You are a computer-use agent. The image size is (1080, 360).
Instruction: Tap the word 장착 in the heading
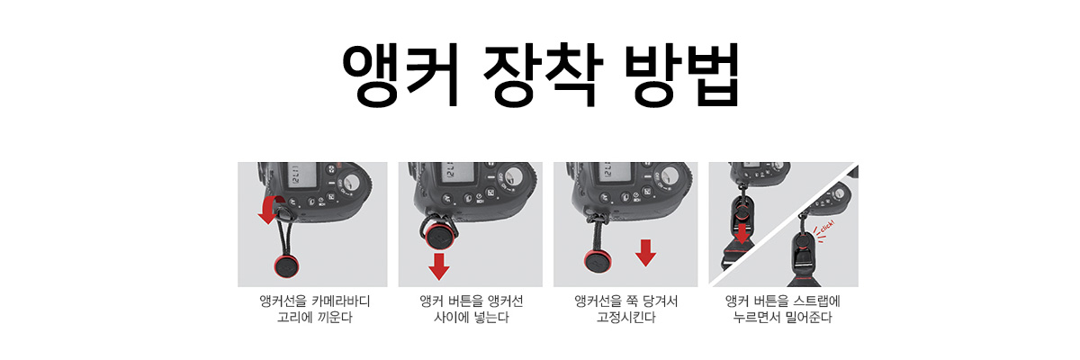[543, 76]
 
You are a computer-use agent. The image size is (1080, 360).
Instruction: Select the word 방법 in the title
[681, 76]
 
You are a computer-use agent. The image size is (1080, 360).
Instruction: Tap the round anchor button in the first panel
[286, 265]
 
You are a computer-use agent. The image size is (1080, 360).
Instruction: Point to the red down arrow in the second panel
[439, 266]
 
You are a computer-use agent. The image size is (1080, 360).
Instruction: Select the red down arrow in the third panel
[645, 253]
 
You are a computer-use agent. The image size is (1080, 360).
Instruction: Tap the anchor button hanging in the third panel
[598, 261]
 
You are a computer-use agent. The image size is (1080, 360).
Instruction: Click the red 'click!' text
[827, 227]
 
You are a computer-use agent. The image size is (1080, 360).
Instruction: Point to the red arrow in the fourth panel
[742, 234]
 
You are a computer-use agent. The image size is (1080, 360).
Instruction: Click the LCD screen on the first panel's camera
[301, 175]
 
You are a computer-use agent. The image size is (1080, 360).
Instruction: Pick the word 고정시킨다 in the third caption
[625, 318]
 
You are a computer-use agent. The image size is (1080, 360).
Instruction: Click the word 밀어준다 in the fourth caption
[808, 318]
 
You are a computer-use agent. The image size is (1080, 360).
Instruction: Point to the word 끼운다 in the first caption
[335, 318]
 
